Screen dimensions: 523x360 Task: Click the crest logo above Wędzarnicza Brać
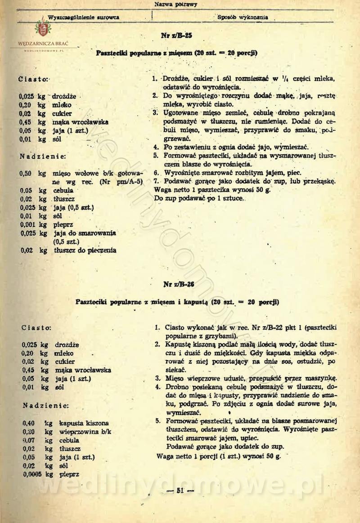(43, 30)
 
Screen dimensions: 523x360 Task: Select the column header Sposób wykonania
(243, 18)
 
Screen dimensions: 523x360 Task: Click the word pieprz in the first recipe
(63, 224)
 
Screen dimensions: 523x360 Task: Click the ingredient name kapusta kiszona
(84, 423)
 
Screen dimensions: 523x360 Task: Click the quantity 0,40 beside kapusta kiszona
(29, 423)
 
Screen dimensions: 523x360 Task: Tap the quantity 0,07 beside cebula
(29, 440)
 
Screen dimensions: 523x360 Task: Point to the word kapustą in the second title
(193, 301)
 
